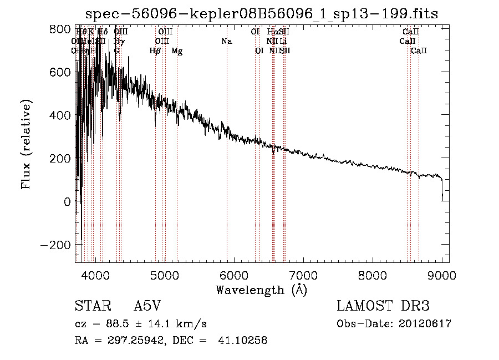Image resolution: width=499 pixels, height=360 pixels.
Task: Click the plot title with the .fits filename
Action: [262, 14]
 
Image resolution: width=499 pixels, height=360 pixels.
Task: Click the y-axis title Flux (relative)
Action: [26, 145]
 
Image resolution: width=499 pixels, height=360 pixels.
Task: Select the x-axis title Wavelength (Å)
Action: [261, 290]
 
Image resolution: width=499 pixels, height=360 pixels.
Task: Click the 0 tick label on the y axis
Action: [67, 202]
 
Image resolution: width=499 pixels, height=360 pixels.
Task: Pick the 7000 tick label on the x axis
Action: [303, 275]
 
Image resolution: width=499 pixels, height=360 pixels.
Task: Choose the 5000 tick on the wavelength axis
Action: [165, 275]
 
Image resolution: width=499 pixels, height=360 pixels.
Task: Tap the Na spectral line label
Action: [226, 42]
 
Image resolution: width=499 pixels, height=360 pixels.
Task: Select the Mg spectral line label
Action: [177, 51]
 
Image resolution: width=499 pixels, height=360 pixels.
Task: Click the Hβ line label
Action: [155, 51]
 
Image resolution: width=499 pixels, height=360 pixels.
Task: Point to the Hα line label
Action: [272, 32]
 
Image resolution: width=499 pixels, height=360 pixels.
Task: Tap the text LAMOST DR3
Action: [383, 307]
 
